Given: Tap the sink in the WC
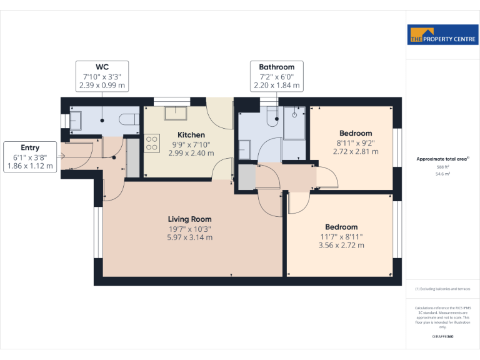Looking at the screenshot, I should [x=74, y=120].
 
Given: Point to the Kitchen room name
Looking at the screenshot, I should [x=191, y=135].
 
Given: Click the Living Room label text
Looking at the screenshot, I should [x=189, y=219].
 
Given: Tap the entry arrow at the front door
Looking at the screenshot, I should [x=61, y=156].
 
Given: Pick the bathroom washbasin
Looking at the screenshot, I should [x=244, y=149].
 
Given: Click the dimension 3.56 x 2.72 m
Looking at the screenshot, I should [x=341, y=246].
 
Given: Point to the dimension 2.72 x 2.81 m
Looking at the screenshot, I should [x=356, y=152].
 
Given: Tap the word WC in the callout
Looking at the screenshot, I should [x=102, y=67].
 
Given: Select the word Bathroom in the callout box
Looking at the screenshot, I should [x=277, y=67].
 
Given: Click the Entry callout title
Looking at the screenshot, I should [x=30, y=147].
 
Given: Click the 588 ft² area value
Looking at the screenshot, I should [x=442, y=167].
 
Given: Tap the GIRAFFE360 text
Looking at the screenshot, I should [x=442, y=337].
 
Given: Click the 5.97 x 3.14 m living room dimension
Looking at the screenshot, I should [x=189, y=237].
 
